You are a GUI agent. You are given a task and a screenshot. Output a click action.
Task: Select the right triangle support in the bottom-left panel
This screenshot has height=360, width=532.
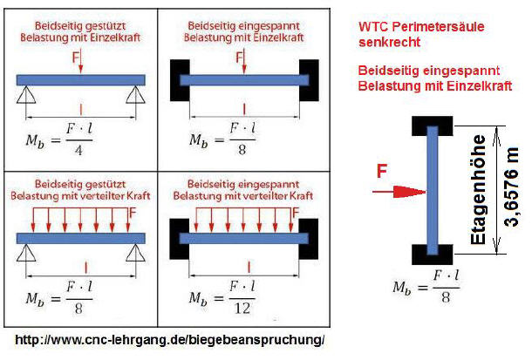click(x=134, y=254)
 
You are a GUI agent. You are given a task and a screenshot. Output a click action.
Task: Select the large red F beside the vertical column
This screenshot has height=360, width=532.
click(x=382, y=172)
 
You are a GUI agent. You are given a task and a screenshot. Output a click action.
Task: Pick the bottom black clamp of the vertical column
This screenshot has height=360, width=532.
click(x=432, y=255)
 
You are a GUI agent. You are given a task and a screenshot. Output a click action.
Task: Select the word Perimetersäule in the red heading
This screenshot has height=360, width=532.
click(x=435, y=26)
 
